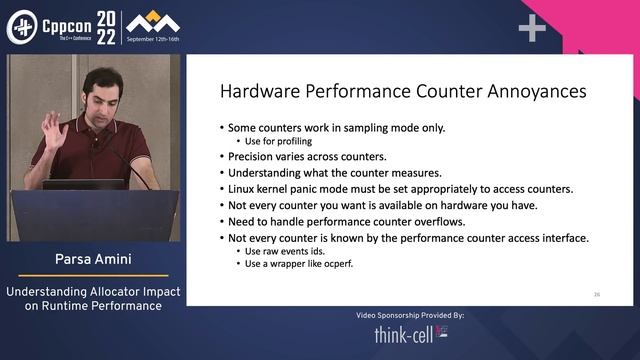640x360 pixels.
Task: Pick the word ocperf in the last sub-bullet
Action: tap(340, 264)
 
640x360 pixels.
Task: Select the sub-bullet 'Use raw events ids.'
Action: tap(282, 251)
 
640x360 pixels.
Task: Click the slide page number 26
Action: tap(596, 294)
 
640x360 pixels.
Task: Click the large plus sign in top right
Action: tap(532, 29)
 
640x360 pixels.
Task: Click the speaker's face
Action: tap(102, 95)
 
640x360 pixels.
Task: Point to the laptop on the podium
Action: tap(84, 184)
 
